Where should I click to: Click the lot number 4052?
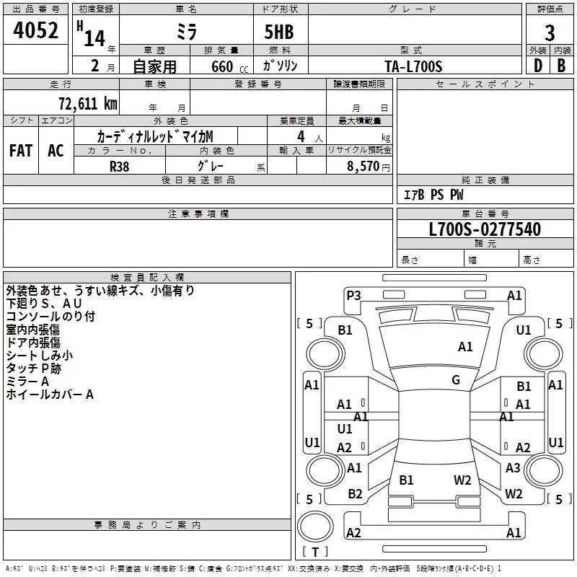[35, 30]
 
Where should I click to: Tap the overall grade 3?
[550, 33]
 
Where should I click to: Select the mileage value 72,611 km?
[88, 103]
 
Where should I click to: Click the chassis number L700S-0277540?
[485, 229]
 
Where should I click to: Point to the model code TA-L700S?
[413, 66]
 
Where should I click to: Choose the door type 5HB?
[279, 32]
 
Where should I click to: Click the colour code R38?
[119, 167]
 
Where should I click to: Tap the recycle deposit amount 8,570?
[363, 166]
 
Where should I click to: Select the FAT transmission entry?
[21, 151]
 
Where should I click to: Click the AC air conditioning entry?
[56, 151]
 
